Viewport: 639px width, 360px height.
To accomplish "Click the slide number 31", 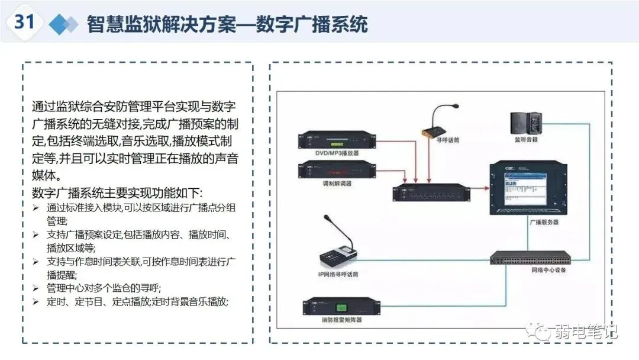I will pyautogui.click(x=24, y=22).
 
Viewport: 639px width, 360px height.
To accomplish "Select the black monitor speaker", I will pyautogui.click(x=527, y=123).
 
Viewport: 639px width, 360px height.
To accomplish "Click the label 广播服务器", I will pyautogui.click(x=527, y=223).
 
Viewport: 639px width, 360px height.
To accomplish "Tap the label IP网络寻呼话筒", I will pyautogui.click(x=338, y=274).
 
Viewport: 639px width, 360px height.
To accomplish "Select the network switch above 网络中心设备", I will pyautogui.click(x=530, y=258).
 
